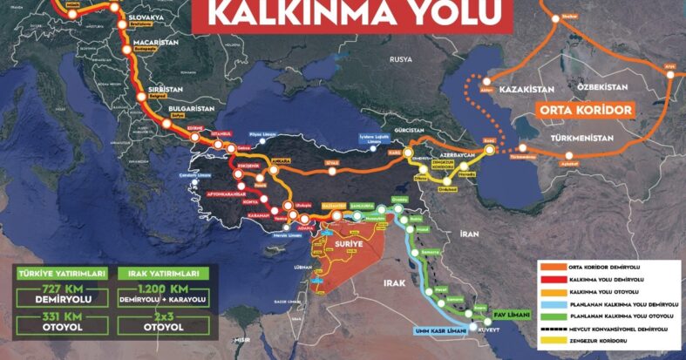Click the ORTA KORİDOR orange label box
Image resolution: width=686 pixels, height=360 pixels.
[586, 111]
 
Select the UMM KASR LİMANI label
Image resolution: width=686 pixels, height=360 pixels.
[438, 331]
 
